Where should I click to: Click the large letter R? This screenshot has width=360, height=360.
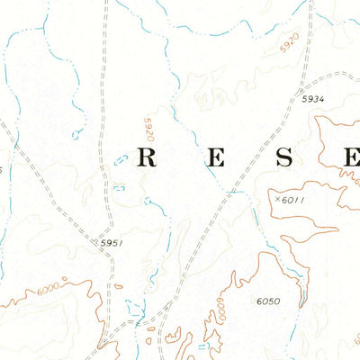pos(148,158)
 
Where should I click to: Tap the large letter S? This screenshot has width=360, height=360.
pos(284,158)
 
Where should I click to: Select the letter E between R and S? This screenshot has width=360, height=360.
pos(216,158)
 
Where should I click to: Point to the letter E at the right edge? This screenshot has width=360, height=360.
pos(350,158)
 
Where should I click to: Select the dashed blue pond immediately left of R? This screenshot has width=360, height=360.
pos(122,161)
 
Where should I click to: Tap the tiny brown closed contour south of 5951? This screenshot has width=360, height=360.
pos(149,340)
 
